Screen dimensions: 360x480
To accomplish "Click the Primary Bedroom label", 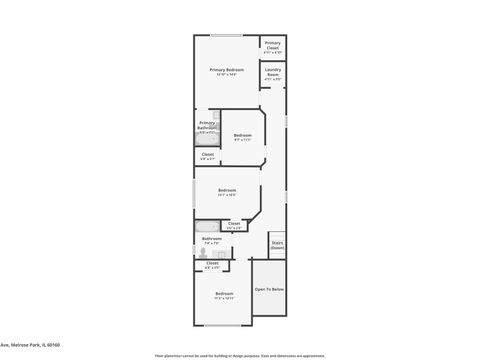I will (226, 71).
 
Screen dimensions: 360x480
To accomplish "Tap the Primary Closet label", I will (272, 46).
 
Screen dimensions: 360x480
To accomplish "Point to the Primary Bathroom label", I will (206, 126).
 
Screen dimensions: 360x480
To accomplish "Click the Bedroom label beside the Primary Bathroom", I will (241, 137).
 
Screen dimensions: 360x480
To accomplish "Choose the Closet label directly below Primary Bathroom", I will (207, 155).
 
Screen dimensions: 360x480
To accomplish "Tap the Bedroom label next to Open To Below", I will (223, 295).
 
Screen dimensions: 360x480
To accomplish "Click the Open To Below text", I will (269, 289).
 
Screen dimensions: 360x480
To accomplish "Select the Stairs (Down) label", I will (277, 244).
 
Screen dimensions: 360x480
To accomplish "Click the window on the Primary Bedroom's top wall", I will (227, 36).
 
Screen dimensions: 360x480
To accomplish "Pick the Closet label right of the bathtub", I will (234, 225).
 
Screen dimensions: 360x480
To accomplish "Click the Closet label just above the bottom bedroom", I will (211, 266).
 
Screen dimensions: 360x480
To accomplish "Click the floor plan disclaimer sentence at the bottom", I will (239, 354).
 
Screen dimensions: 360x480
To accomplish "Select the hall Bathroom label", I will (212, 240).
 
